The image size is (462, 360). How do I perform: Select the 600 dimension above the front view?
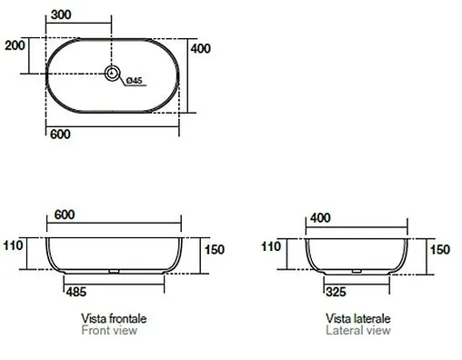(x=65, y=215)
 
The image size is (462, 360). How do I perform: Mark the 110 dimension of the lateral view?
(x=272, y=246)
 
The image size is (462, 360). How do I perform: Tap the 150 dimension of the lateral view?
(x=438, y=250)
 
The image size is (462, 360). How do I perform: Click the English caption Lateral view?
(x=357, y=332)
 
